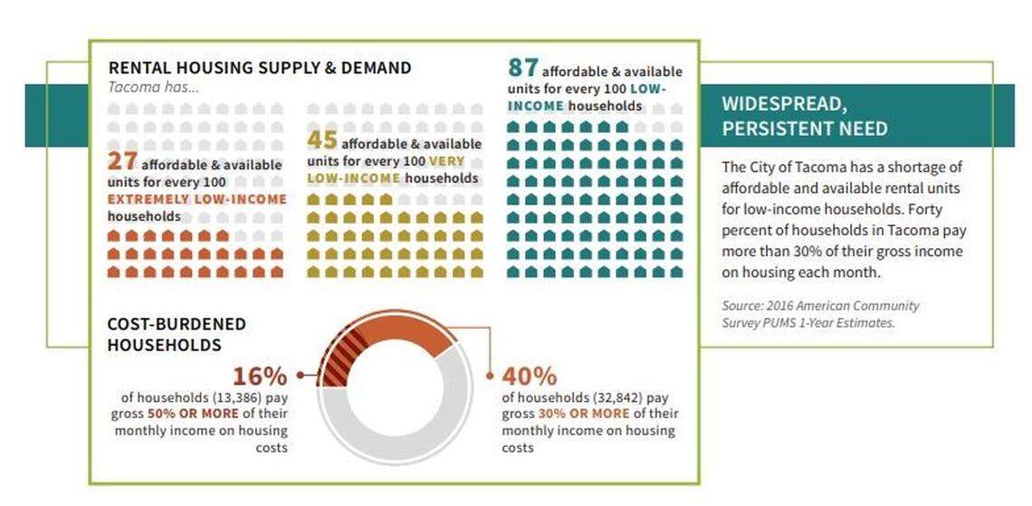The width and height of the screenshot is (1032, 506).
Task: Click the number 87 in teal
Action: click(x=523, y=68)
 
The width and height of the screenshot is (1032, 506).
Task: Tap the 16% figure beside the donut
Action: click(x=260, y=377)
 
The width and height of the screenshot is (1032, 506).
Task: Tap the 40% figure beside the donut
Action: click(x=530, y=377)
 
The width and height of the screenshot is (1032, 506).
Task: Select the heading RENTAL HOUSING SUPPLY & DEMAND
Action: click(x=260, y=68)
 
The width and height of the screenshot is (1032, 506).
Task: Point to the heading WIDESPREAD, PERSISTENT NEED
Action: click(x=804, y=116)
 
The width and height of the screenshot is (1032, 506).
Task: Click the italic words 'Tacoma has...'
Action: click(x=153, y=88)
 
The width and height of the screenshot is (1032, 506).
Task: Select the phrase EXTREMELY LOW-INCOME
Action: click(x=197, y=199)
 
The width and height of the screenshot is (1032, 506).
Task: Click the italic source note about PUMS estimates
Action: click(x=807, y=314)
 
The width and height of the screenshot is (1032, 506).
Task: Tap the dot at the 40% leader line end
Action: click(x=491, y=374)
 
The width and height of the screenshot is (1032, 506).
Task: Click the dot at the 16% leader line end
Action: click(x=300, y=374)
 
